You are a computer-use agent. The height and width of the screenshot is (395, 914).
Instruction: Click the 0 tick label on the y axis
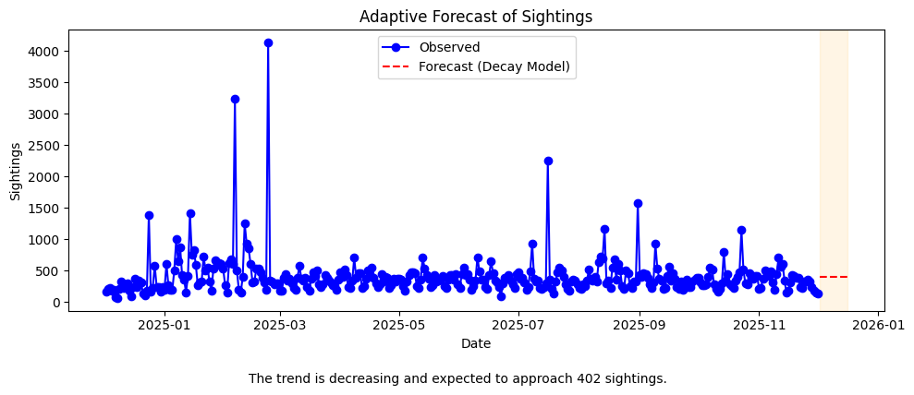54,303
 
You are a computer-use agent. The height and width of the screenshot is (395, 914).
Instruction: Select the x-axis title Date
476,343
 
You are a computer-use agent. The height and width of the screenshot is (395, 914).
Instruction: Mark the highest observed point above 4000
268,42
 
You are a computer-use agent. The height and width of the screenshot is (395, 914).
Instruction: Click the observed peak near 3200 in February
235,99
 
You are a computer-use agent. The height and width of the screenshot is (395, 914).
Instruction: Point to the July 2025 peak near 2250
548,161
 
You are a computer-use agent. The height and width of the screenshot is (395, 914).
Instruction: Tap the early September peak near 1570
638,203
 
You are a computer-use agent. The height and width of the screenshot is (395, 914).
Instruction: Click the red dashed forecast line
834,277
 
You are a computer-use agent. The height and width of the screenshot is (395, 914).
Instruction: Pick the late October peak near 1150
741,230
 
